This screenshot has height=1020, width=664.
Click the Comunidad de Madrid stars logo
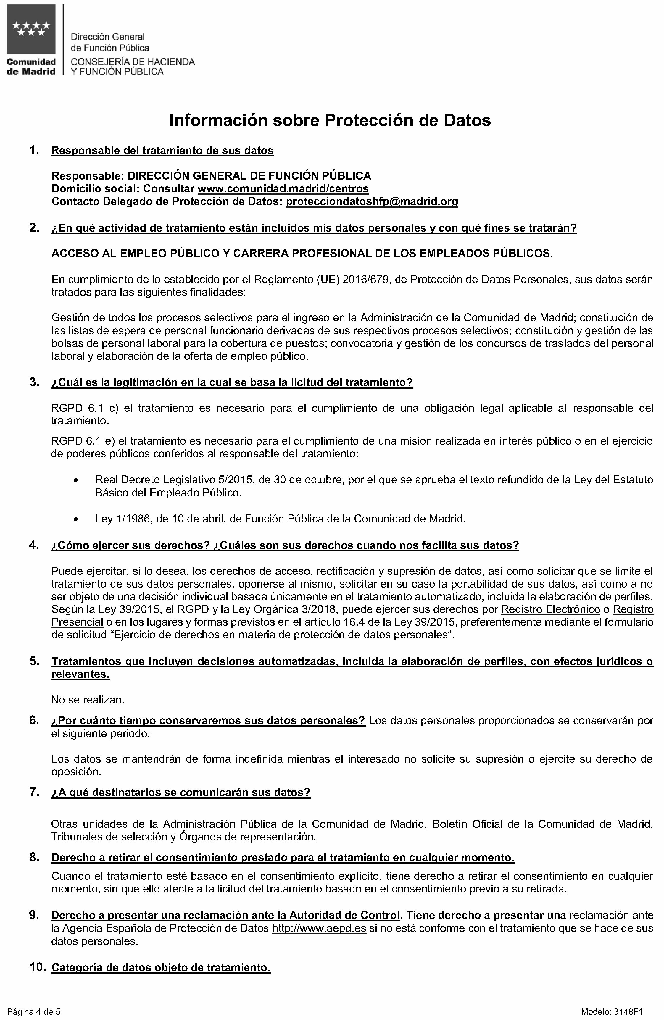tap(31, 30)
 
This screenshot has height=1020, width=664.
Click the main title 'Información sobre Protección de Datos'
tap(330, 120)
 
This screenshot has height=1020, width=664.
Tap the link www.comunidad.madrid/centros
tap(283, 188)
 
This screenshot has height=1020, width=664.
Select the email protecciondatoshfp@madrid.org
tap(372, 201)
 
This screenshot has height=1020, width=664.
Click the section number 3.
tap(34, 382)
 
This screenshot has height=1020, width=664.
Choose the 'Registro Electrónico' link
tap(550, 609)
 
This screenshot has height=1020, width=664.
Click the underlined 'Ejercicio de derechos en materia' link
tap(281, 635)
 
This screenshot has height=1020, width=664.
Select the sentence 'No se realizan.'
tap(88, 700)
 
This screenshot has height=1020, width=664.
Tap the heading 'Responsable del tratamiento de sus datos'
tap(162, 151)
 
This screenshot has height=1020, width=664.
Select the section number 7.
tap(34, 792)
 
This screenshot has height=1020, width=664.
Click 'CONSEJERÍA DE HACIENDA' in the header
tap(133, 62)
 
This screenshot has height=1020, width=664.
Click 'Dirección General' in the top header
tap(108, 37)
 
